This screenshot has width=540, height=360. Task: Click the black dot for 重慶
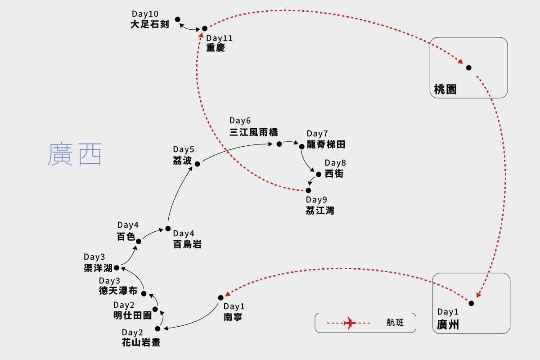(x=204, y=28)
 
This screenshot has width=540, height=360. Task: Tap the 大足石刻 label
(x=149, y=24)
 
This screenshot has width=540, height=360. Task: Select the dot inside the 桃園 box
(x=468, y=67)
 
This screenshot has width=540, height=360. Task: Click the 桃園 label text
(x=445, y=89)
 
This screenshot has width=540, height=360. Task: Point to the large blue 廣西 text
(x=75, y=154)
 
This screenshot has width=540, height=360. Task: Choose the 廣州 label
(x=448, y=324)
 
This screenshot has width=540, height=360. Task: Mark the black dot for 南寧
(x=220, y=297)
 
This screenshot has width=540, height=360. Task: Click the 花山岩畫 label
(x=141, y=343)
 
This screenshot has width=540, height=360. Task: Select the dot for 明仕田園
(x=155, y=309)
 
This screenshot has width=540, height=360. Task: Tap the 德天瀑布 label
(x=118, y=291)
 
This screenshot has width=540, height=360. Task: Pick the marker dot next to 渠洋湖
(x=116, y=267)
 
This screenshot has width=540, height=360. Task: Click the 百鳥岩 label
(x=187, y=244)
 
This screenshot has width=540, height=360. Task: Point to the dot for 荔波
(x=197, y=164)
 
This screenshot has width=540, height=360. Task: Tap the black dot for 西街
(x=318, y=174)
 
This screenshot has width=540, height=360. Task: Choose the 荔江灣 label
(x=320, y=210)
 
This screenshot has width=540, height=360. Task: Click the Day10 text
(x=145, y=14)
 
